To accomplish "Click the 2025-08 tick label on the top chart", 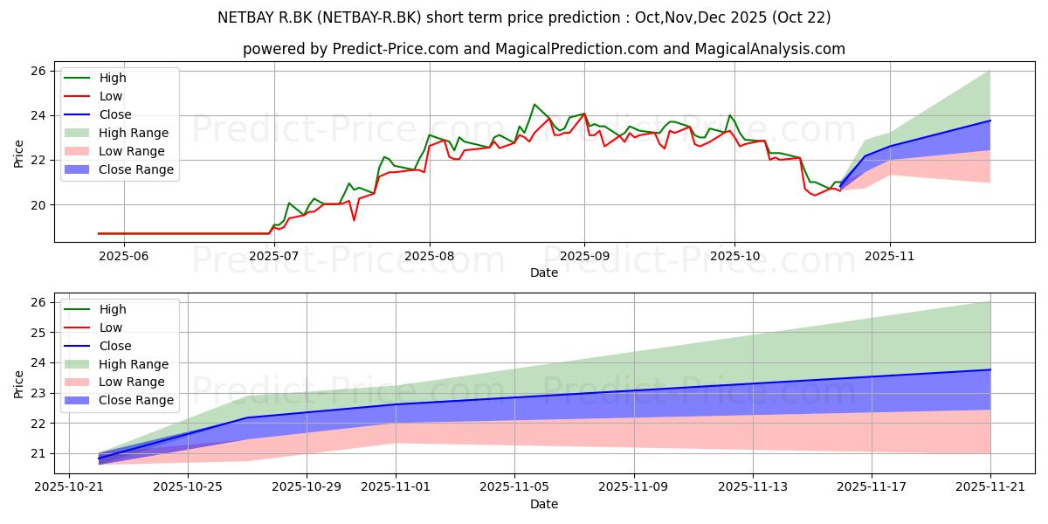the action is pos(430,257).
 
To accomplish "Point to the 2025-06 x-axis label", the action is pos(123,257).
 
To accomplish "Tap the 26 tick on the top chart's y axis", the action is pos(38,71).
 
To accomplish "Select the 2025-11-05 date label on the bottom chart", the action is pos(514,486).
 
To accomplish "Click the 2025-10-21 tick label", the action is pos(69,486).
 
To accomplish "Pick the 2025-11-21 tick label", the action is pos(990,486).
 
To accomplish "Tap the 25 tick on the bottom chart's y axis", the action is pos(38,333).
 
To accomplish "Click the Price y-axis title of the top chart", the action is pos(18,154).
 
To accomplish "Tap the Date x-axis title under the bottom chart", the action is pos(543,504).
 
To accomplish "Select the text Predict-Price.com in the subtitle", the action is pos(396,49).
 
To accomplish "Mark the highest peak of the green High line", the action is pos(534,104).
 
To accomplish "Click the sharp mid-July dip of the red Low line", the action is pos(355,220).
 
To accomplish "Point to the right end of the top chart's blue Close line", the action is pos(990,121).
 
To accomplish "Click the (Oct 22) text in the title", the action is pos(801,17).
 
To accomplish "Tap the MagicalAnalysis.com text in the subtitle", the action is pos(770,49).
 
